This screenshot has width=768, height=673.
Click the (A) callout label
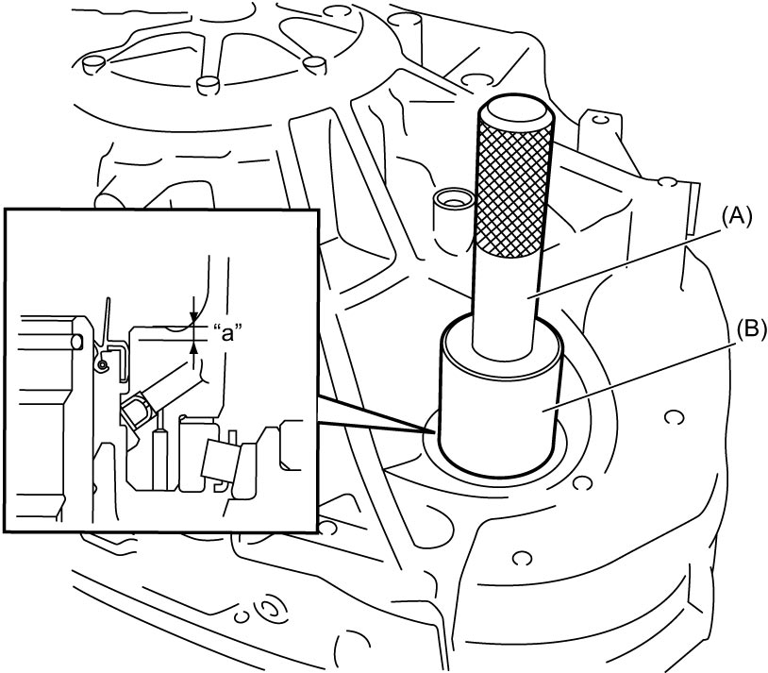click(x=734, y=216)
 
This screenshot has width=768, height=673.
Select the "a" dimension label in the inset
click(x=229, y=333)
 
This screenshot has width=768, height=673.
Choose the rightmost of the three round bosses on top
click(x=314, y=65)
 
